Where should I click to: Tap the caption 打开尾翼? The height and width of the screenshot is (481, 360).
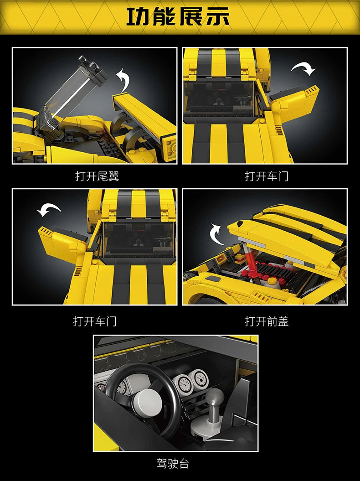click(x=97, y=176)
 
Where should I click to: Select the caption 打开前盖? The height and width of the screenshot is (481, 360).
click(x=267, y=321)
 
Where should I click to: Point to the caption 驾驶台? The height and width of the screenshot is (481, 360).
click(x=173, y=464)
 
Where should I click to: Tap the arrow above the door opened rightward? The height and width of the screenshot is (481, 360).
click(x=303, y=69)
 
